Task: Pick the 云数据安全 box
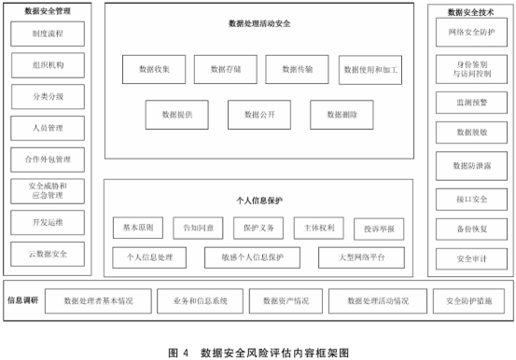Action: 48,254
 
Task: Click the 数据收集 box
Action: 154,69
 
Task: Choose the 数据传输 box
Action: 297,69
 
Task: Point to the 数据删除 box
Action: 342,115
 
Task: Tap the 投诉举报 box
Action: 379,228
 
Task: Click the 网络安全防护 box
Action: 465,32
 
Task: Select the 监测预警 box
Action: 465,101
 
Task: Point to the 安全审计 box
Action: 465,258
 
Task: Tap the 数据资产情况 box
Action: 286,301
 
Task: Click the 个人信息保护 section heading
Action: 258,200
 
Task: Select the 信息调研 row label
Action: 21,300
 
